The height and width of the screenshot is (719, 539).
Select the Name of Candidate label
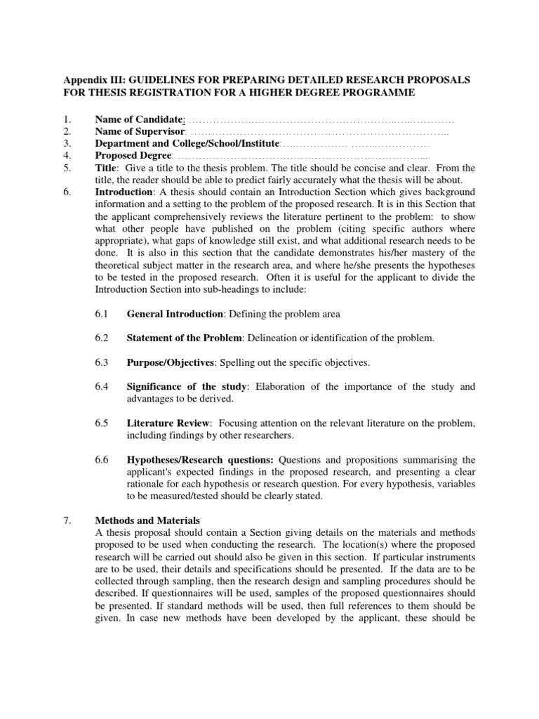tap(139, 120)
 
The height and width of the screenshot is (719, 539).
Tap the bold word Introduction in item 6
tap(124, 192)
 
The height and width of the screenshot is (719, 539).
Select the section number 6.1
tap(102, 313)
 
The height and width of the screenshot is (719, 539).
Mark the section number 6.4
tap(102, 387)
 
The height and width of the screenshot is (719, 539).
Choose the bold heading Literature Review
tap(168, 423)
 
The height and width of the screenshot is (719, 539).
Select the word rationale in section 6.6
tap(148, 484)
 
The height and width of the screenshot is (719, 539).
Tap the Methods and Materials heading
tap(147, 521)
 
